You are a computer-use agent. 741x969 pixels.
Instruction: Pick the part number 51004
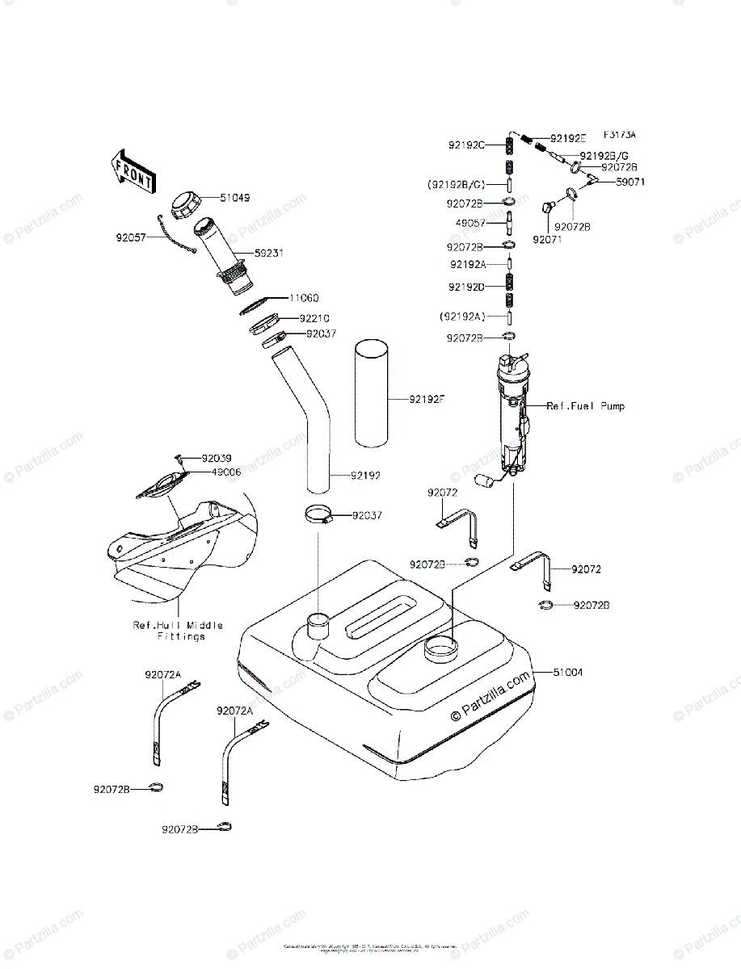[x=568, y=671]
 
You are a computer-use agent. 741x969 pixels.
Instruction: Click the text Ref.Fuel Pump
[x=586, y=405]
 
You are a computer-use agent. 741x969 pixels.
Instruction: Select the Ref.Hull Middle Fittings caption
[x=178, y=631]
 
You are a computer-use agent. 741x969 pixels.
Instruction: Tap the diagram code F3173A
[x=620, y=134]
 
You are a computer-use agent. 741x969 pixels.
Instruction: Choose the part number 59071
[x=632, y=183]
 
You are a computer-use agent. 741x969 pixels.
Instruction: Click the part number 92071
[x=546, y=239]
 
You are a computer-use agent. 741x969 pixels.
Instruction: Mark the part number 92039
[x=217, y=458]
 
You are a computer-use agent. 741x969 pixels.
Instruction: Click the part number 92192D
[x=467, y=286]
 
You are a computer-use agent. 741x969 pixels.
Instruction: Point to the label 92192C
[x=466, y=145]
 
